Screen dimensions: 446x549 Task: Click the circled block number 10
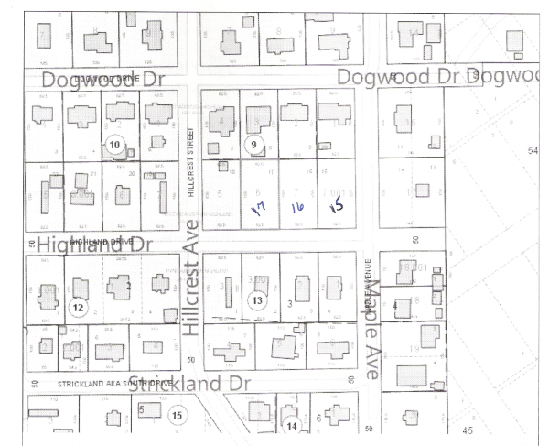(115, 145)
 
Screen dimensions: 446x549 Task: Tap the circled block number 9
(255, 145)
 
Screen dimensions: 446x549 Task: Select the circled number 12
(77, 307)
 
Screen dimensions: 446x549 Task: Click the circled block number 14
(291, 425)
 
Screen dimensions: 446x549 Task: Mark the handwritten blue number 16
(296, 208)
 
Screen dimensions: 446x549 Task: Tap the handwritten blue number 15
(336, 207)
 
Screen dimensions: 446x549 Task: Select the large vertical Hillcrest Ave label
(192, 291)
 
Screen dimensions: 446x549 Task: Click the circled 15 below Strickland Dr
(178, 415)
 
